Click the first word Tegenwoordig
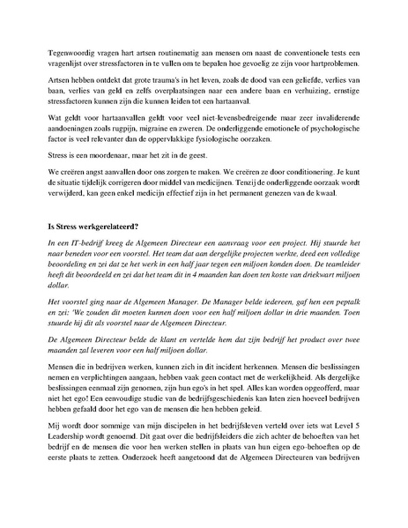[71, 41]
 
